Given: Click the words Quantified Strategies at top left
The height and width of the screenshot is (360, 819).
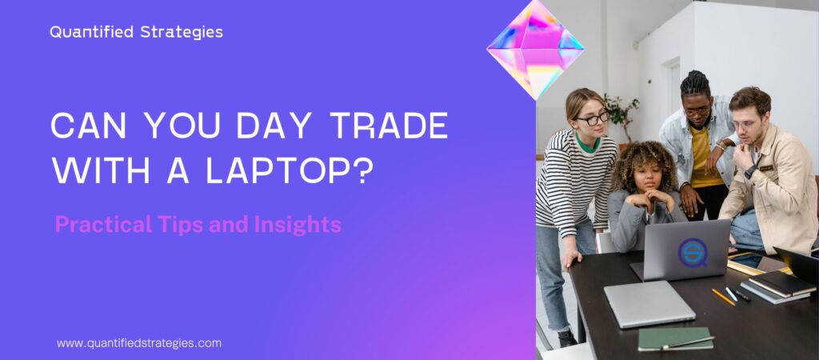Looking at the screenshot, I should coord(136,33).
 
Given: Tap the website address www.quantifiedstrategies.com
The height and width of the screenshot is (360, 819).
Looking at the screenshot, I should coord(138,342).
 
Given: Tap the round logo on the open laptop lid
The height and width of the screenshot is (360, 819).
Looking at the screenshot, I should coord(693,250).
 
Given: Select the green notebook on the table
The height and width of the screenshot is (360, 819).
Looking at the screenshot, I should coord(675,338).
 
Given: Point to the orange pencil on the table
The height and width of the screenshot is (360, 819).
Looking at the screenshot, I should coord(723,296).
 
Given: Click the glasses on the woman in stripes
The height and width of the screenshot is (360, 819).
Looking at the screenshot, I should coord(593,118).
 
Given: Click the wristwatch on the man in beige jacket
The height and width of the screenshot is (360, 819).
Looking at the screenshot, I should coord(751,171).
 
